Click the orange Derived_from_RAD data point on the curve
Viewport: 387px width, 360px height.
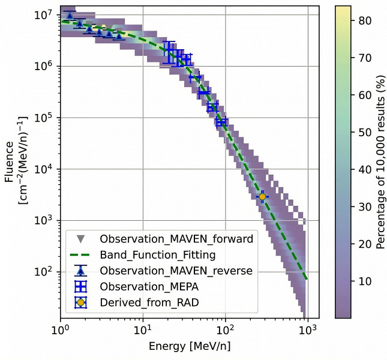262,196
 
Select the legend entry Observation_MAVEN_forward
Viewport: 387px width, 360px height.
176,238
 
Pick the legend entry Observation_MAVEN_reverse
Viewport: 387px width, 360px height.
176,271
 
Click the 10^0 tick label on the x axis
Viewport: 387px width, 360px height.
60,331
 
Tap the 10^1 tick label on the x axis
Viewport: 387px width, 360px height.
143,331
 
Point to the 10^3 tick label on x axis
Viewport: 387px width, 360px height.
308,331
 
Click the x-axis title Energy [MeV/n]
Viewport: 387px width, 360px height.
184,347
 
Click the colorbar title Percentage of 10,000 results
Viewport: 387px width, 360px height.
380,162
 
